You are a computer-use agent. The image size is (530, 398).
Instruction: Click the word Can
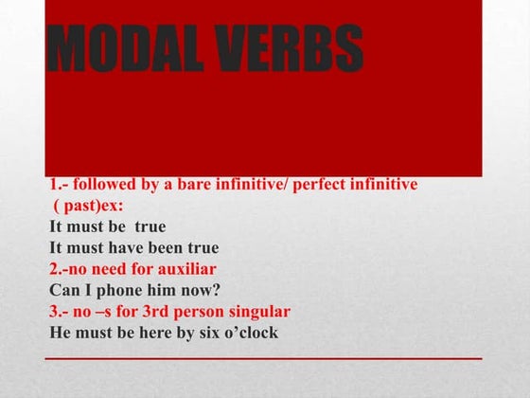point(62,290)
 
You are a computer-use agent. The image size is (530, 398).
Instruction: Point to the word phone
point(117,290)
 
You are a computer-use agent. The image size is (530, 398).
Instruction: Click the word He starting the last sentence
point(60,333)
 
